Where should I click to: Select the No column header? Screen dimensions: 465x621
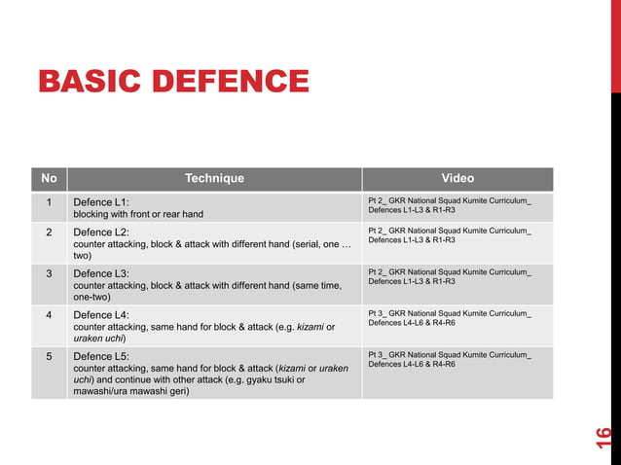49,178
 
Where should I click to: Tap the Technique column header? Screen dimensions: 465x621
214,178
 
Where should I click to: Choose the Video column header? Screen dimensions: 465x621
457,178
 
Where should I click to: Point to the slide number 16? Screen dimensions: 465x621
603,437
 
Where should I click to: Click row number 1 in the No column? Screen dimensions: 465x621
49,202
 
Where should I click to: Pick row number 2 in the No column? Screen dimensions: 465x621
49,232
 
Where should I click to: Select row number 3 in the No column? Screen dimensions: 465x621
49,273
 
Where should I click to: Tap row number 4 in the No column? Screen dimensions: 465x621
49,314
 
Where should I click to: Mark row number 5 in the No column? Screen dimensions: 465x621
49,356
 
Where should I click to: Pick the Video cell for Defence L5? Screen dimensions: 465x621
450,359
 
